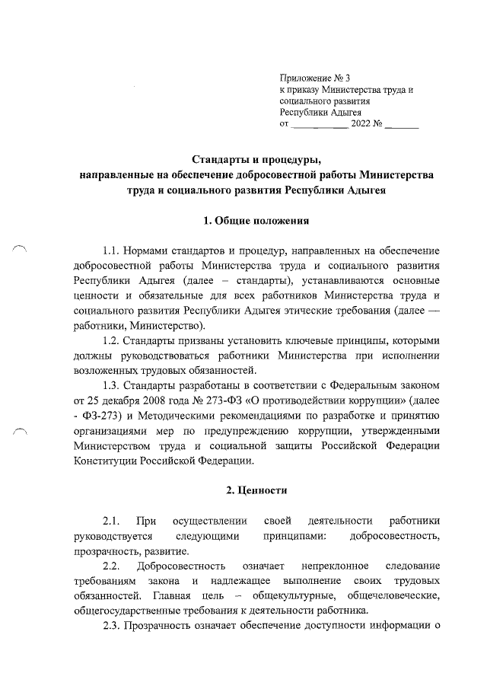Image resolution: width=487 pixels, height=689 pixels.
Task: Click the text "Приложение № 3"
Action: [314, 78]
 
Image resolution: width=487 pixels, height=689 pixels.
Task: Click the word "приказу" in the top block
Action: [306, 89]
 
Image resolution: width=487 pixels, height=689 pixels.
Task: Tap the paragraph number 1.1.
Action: [113, 250]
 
